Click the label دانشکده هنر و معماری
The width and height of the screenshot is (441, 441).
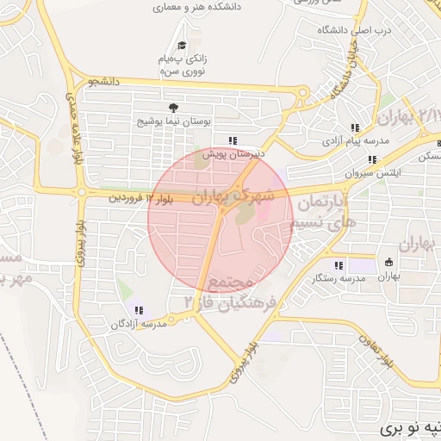coord(197,6)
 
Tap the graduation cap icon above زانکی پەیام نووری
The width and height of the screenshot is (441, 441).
coord(182,46)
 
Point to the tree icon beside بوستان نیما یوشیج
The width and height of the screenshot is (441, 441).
coord(174,108)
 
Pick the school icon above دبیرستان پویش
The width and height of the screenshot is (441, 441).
coord(232,140)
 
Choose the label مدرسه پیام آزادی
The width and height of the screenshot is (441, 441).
coord(357,140)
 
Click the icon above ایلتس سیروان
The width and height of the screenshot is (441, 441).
coord(372,159)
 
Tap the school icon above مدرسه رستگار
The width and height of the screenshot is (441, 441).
coord(339,265)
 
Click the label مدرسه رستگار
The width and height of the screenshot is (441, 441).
coord(339,279)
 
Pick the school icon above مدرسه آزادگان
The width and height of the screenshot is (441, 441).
coord(139,310)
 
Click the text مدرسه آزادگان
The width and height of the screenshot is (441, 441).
coord(138,324)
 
